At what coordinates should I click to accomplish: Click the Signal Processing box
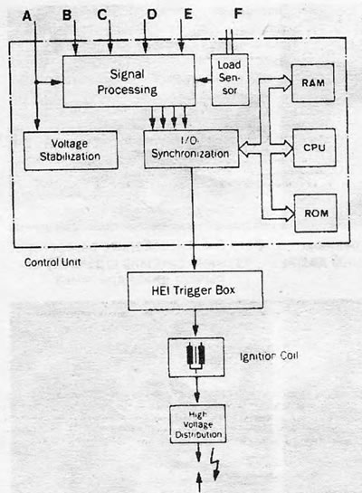pyautogui.click(x=129, y=81)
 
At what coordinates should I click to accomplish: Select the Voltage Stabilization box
pyautogui.click(x=71, y=150)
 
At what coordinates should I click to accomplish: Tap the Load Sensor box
pyautogui.click(x=230, y=80)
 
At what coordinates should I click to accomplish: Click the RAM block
pyautogui.click(x=313, y=83)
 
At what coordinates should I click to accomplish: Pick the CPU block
pyautogui.click(x=314, y=147)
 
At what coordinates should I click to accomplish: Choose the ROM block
pyautogui.click(x=316, y=213)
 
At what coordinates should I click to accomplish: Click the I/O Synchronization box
pyautogui.click(x=191, y=148)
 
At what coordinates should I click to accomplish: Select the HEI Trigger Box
pyautogui.click(x=195, y=290)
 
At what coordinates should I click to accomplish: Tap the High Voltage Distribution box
pyautogui.click(x=198, y=424)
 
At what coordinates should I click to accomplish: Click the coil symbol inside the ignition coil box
pyautogui.click(x=196, y=356)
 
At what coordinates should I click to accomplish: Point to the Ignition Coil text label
pyautogui.click(x=269, y=356)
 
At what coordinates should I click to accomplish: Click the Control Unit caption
pyautogui.click(x=52, y=262)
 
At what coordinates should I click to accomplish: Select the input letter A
pyautogui.click(x=27, y=16)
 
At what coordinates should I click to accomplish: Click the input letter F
pyautogui.click(x=238, y=14)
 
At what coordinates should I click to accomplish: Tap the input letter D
pyautogui.click(x=152, y=14)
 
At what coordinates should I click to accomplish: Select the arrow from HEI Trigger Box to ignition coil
pyautogui.click(x=195, y=323)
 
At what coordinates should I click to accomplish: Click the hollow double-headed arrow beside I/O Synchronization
pyautogui.click(x=249, y=148)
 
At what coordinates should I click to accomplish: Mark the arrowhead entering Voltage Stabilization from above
pyautogui.click(x=37, y=125)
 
